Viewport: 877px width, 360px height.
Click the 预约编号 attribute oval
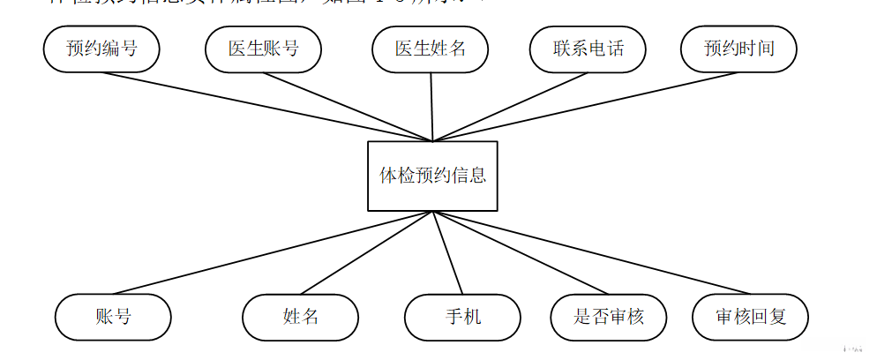point(101,49)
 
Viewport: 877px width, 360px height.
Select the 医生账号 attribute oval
point(263,49)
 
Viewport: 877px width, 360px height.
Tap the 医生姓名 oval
point(430,49)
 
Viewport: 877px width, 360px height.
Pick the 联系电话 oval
point(588,49)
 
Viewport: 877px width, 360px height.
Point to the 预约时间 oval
point(738,49)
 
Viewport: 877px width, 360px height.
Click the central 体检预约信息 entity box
point(432,176)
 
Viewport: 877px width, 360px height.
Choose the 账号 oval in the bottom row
point(113,316)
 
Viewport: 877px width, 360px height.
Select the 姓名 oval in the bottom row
point(301,316)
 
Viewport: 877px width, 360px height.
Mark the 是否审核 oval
point(609,316)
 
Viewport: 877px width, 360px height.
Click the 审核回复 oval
point(750,316)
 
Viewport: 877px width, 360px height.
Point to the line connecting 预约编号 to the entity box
point(265,104)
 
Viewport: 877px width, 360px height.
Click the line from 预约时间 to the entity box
point(582,105)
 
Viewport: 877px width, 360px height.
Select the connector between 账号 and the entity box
point(274,252)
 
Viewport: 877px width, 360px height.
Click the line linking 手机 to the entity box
point(447,252)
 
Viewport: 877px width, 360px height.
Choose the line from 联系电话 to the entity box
point(510,106)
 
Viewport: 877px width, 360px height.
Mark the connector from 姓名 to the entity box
point(366,252)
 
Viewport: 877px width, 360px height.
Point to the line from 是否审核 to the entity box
point(521,252)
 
